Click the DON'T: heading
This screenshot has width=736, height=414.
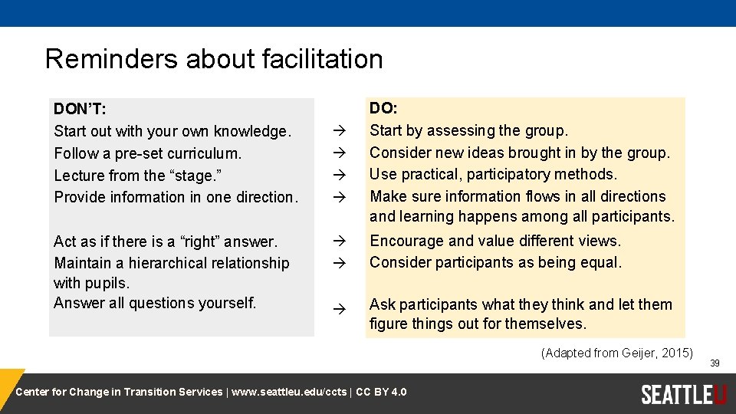80,108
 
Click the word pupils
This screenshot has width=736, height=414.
109,283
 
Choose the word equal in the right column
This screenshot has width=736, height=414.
602,262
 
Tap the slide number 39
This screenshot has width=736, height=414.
715,363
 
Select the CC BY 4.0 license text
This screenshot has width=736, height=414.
381,393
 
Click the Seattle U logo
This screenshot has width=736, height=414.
683,394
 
